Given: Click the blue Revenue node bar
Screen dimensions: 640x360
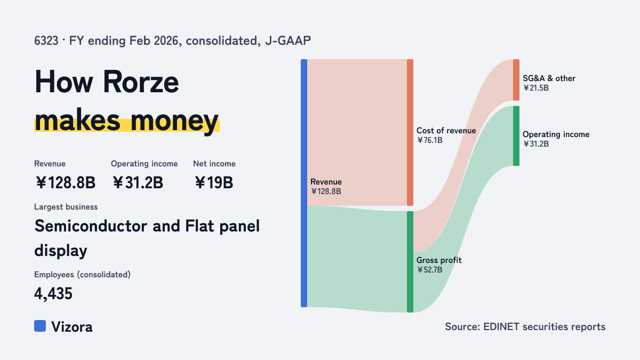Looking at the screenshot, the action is (x=304, y=183).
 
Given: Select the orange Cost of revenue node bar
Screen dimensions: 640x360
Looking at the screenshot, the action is (x=410, y=133).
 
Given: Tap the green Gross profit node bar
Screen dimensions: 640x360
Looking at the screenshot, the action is (x=410, y=262).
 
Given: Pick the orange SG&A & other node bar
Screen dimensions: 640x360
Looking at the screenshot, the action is (x=516, y=80).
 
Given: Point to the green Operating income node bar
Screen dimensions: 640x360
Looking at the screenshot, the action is (x=516, y=136).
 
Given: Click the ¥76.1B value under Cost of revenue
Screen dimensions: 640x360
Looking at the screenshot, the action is (x=430, y=140).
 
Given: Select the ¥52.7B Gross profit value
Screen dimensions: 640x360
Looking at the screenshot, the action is (x=430, y=270).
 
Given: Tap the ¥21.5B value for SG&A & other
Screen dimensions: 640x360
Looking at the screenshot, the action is (x=536, y=88).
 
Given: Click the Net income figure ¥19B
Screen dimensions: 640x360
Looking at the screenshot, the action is (x=214, y=182).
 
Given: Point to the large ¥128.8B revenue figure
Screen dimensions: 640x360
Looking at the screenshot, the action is (x=66, y=182).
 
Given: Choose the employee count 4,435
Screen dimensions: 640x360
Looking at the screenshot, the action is (x=53, y=293).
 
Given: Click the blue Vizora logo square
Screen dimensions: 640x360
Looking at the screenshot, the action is (x=40, y=326).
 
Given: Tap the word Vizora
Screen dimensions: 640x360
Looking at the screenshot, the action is (x=72, y=326).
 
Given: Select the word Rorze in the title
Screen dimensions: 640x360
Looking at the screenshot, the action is (x=141, y=82).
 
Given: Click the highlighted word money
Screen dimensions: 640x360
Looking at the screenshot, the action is (x=174, y=121).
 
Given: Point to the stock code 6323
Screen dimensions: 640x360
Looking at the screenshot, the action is (x=46, y=41).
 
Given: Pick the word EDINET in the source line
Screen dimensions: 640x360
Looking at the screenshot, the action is (x=501, y=326).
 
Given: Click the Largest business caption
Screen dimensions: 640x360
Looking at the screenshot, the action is (x=66, y=207).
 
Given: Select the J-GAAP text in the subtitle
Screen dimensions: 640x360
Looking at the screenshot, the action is (x=288, y=41).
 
